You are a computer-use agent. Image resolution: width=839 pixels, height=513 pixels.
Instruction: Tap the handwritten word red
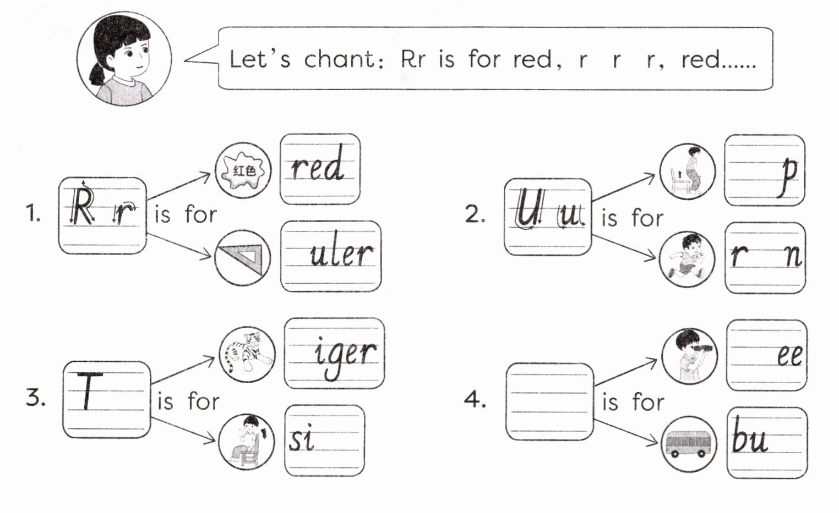[318, 164]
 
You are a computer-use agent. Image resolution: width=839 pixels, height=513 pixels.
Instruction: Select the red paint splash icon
[243, 170]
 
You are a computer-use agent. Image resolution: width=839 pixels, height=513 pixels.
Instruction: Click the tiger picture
[247, 354]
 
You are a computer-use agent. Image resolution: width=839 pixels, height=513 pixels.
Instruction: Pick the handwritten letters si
[302, 439]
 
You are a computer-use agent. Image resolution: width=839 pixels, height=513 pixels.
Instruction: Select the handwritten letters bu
[749, 439]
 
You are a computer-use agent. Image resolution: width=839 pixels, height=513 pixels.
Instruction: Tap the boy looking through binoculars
[690, 356]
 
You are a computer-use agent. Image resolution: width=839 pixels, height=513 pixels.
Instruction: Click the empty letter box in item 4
[549, 401]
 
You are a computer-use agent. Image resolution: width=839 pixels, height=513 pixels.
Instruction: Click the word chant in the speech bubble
[339, 59]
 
